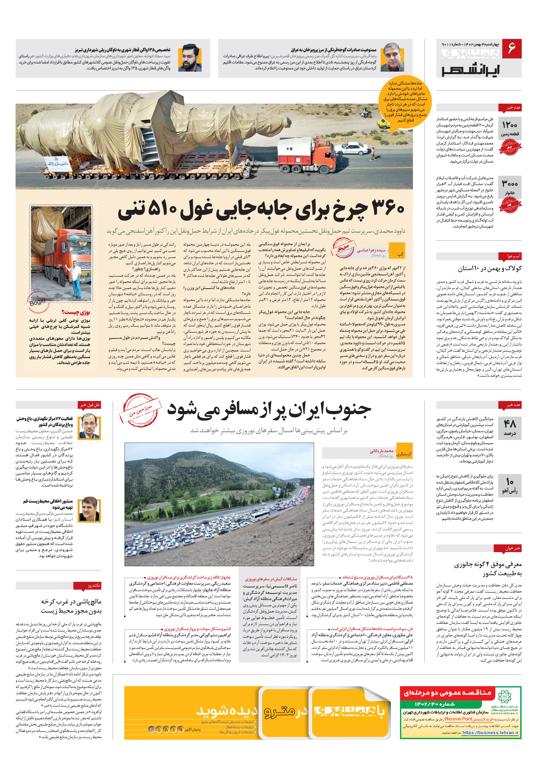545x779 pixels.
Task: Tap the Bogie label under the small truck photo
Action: tap(37, 301)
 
